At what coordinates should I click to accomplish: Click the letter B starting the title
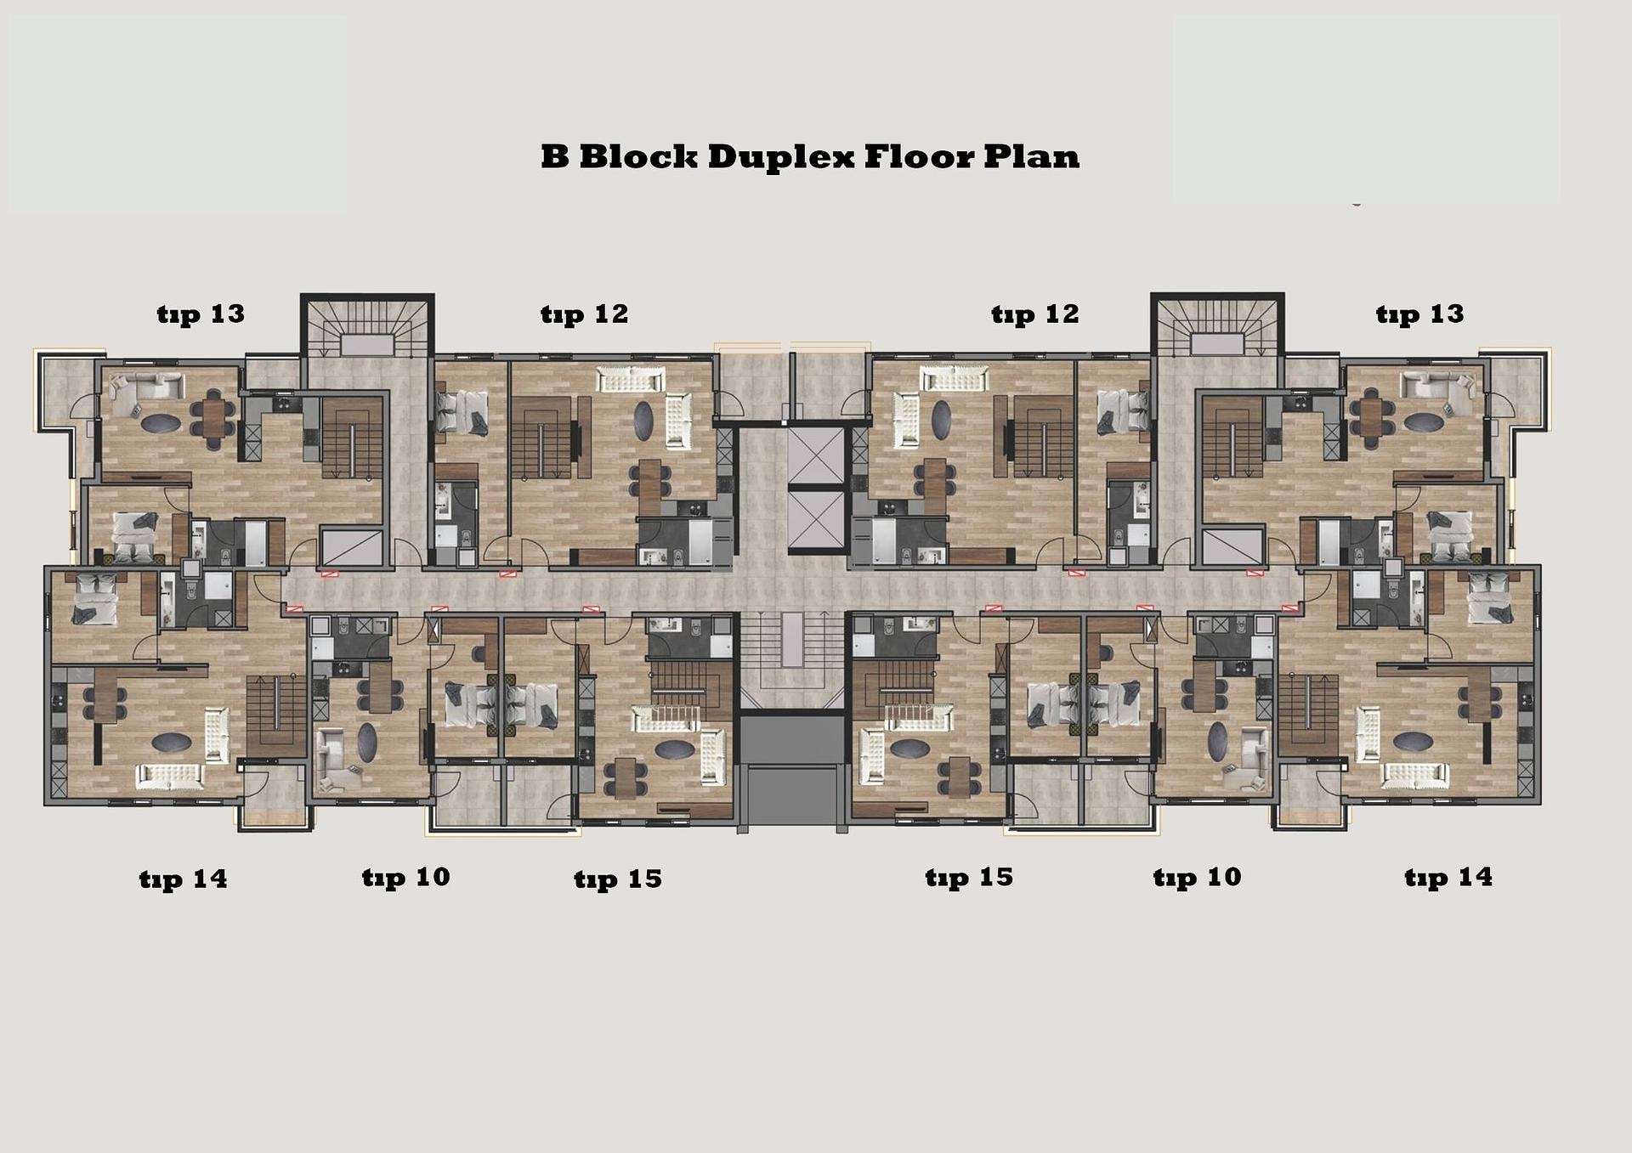tap(555, 157)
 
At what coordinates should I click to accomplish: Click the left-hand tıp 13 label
tap(201, 315)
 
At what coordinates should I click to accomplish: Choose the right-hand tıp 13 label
tap(1419, 315)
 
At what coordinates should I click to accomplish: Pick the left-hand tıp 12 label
tap(584, 315)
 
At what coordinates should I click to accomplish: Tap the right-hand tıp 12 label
tap(1034, 315)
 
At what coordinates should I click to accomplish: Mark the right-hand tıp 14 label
tap(1448, 878)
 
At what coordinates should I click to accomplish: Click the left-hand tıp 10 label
tap(405, 878)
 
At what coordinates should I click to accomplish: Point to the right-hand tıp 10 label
tap(1197, 878)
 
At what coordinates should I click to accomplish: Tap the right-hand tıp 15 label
tap(969, 878)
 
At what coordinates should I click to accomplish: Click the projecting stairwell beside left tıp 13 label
tap(367, 328)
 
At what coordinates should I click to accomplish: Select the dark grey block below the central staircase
tap(792, 770)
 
